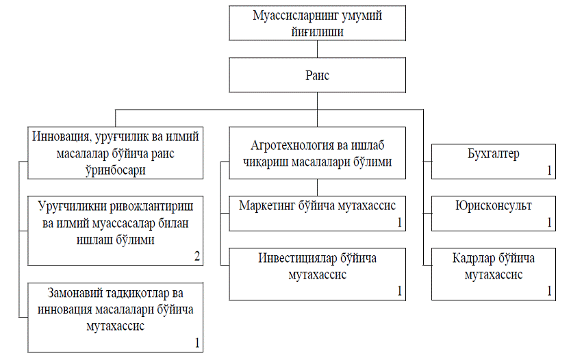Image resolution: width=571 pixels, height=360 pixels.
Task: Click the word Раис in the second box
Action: (317, 75)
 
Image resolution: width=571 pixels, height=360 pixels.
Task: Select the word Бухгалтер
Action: (494, 154)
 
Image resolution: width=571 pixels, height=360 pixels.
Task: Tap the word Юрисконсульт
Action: (494, 206)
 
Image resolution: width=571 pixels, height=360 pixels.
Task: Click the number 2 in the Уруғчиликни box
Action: (197, 256)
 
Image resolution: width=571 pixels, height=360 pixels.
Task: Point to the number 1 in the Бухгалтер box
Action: (550, 170)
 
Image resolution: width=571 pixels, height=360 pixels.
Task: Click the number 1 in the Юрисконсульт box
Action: (550, 222)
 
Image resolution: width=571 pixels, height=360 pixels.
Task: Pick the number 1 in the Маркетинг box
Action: (399, 222)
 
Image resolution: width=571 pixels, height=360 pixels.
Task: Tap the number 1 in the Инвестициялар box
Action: (399, 291)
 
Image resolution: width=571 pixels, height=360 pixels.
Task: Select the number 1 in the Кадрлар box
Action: (550, 291)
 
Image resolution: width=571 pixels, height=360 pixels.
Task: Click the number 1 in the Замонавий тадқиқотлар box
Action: (197, 343)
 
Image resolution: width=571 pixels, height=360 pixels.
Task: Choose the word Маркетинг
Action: (266, 205)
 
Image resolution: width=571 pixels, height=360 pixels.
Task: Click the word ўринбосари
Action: (116, 170)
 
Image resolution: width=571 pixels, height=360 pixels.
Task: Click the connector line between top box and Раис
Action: (317, 49)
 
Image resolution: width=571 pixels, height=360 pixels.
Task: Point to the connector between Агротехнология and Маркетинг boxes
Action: (317, 188)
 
